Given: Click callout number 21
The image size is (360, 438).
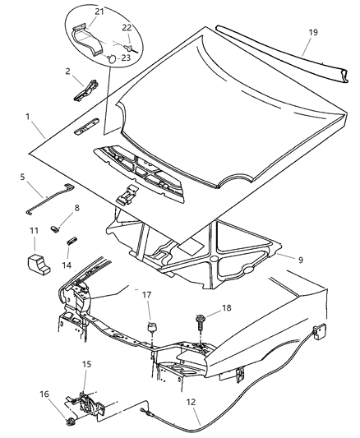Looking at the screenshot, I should click(x=99, y=11).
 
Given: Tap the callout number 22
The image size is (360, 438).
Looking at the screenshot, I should click(x=126, y=28).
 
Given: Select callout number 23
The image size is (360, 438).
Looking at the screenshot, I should click(x=126, y=58).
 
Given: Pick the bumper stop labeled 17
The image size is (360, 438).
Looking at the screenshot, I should click(x=150, y=330).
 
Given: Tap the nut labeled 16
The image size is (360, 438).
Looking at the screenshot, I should click(x=72, y=424).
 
